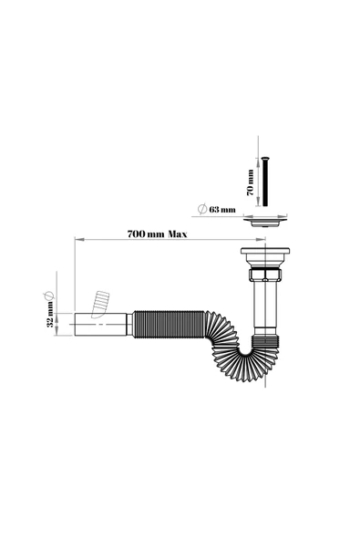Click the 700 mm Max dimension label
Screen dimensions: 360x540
(x=158, y=234)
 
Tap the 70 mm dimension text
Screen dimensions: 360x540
(x=251, y=182)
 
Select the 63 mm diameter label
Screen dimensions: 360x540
(x=222, y=210)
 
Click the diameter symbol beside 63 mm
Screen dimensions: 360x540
(x=202, y=209)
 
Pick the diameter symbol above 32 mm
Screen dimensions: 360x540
(x=48, y=296)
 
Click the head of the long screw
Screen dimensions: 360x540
(x=265, y=159)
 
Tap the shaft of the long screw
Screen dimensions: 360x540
(x=265, y=182)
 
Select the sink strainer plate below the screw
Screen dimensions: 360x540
(x=265, y=221)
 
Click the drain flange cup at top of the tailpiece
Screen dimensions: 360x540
(x=265, y=255)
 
